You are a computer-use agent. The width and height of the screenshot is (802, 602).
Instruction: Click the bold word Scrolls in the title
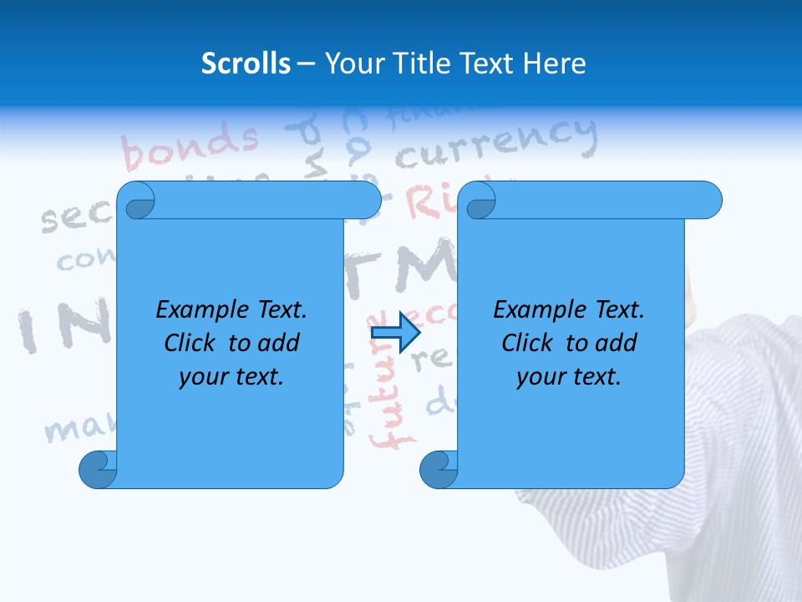pyautogui.click(x=246, y=64)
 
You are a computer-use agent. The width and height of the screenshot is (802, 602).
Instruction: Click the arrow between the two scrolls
pyautogui.click(x=395, y=333)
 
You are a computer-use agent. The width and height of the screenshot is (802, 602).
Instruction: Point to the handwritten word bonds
pyautogui.click(x=191, y=147)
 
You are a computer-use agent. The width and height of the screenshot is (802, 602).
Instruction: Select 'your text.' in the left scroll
pyautogui.click(x=231, y=376)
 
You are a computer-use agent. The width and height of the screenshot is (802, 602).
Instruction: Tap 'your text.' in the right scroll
pyautogui.click(x=569, y=376)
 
